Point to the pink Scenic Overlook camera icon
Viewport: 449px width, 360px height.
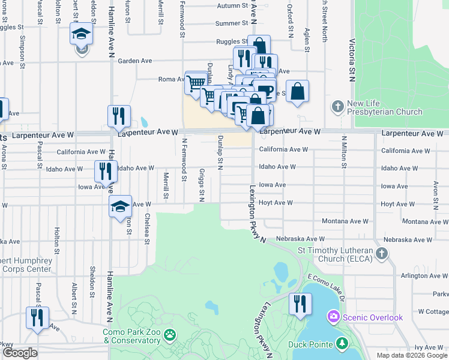click(333, 316)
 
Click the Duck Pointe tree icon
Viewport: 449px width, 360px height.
click(342, 344)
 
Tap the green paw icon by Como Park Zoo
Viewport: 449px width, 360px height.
click(170, 335)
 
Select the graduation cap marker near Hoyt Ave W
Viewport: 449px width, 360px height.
click(120, 207)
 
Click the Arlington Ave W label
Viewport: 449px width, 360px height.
click(421, 275)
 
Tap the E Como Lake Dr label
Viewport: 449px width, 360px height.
click(324, 287)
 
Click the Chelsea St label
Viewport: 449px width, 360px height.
click(146, 230)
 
